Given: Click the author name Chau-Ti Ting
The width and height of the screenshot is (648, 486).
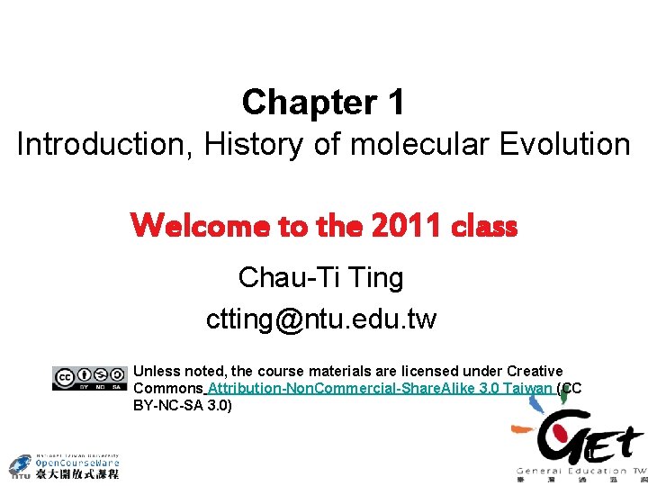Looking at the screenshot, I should pyautogui.click(x=321, y=277).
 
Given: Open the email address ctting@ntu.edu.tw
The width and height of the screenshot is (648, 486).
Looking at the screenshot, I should pyautogui.click(x=321, y=319).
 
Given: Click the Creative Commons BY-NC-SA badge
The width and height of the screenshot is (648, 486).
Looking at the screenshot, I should pyautogui.click(x=90, y=378).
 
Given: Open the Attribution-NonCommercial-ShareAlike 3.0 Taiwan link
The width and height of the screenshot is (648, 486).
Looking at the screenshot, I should pyautogui.click(x=379, y=389).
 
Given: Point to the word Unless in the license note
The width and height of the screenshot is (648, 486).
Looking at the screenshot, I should pyautogui.click(x=157, y=371).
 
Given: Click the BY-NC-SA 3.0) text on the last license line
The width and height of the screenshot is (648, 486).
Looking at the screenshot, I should pyautogui.click(x=183, y=406).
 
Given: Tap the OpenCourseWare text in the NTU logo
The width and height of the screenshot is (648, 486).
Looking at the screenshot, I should pyautogui.click(x=76, y=463).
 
